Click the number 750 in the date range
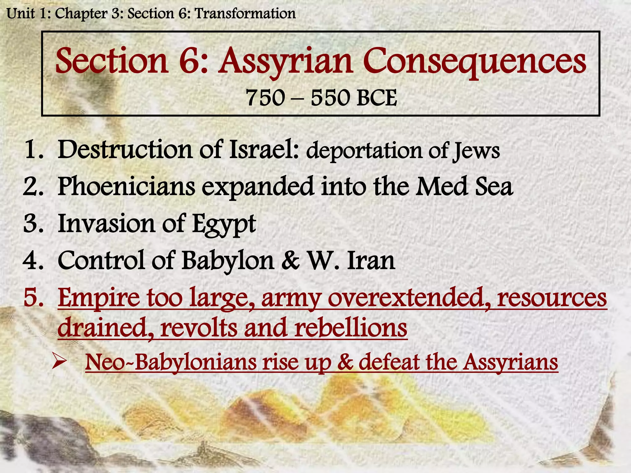click(x=265, y=98)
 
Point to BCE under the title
click(x=377, y=98)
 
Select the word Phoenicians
click(x=126, y=187)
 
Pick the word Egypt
click(x=224, y=224)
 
